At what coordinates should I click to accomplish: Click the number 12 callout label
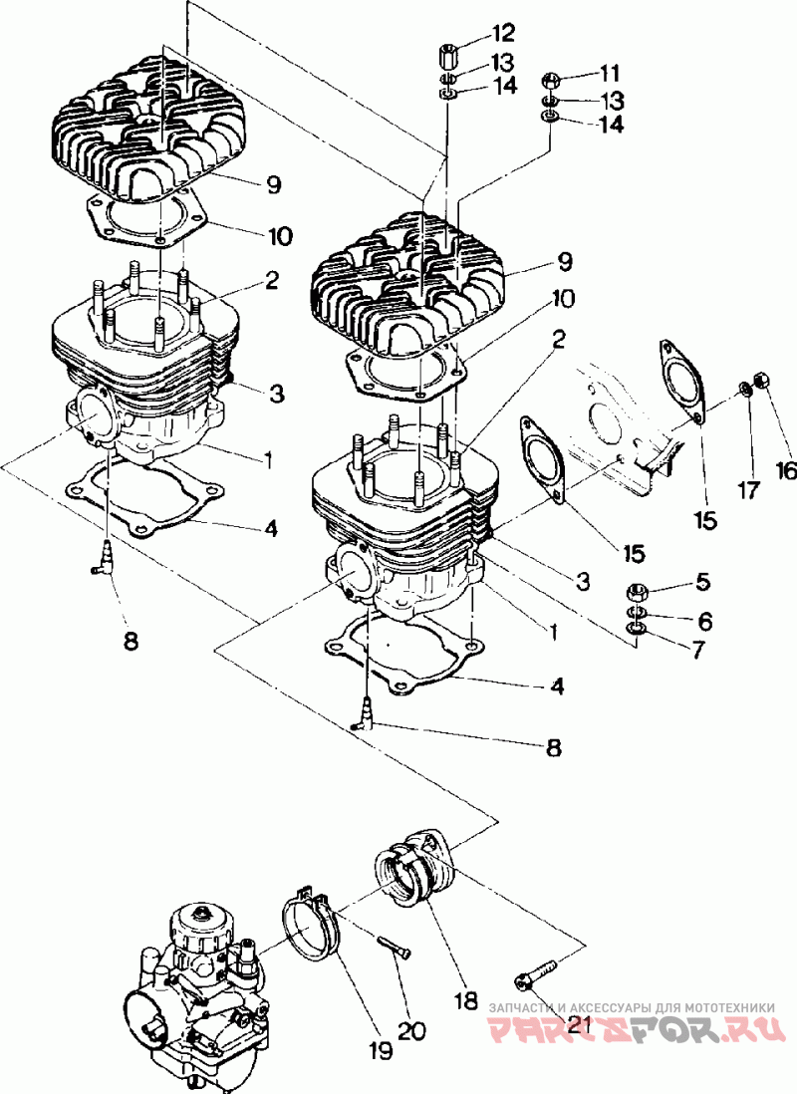coord(502,33)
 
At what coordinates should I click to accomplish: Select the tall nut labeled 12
coord(448,54)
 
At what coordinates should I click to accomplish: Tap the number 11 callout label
coord(607,73)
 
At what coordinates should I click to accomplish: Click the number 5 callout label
coord(701,581)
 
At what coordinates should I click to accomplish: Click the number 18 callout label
coord(466,1000)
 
